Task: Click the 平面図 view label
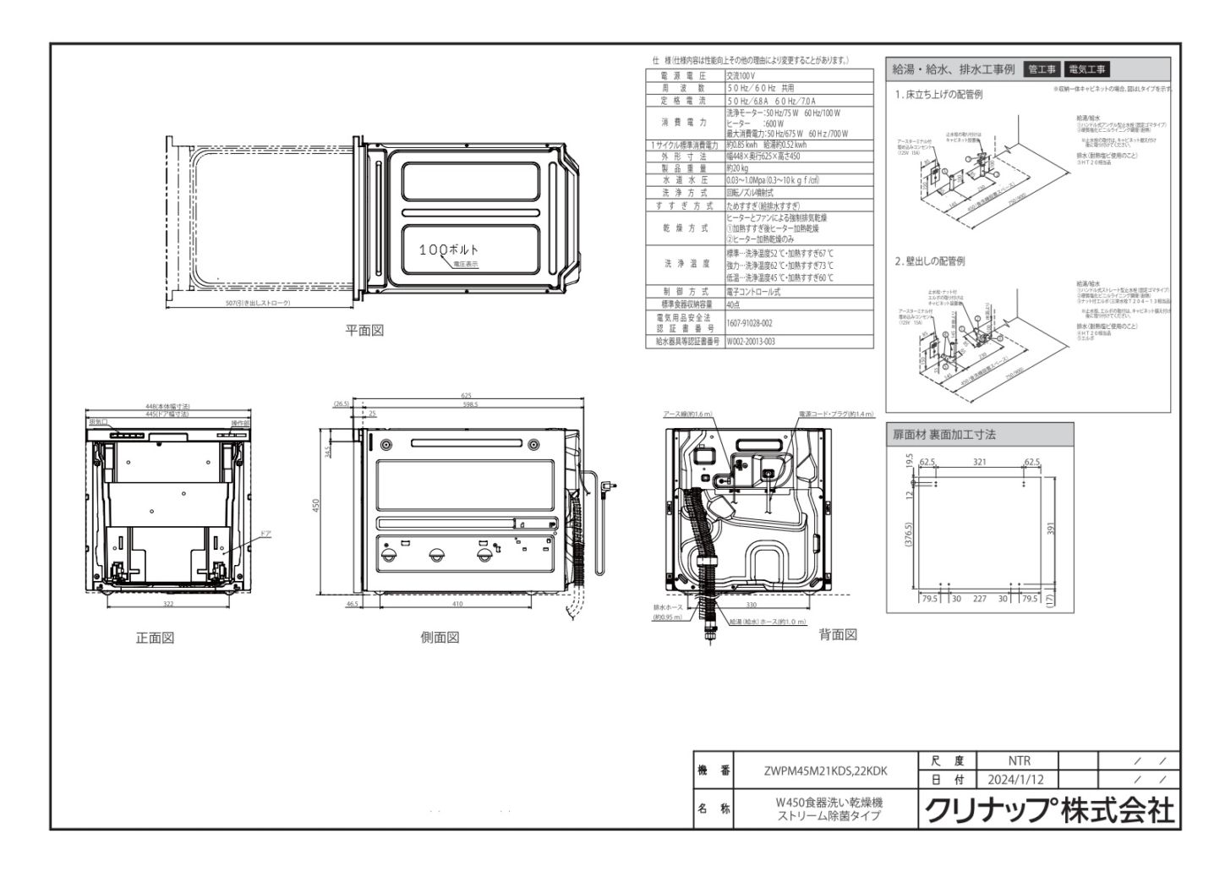point(364,331)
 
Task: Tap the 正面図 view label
point(155,639)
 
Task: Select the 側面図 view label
point(440,638)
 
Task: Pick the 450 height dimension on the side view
point(316,505)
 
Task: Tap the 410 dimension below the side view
point(457,605)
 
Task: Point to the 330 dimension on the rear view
point(752,606)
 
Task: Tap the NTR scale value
point(1019,761)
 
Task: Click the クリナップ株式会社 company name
point(1050,810)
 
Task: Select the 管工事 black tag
point(1041,69)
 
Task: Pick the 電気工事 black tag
point(1087,69)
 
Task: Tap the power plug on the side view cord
point(608,485)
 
